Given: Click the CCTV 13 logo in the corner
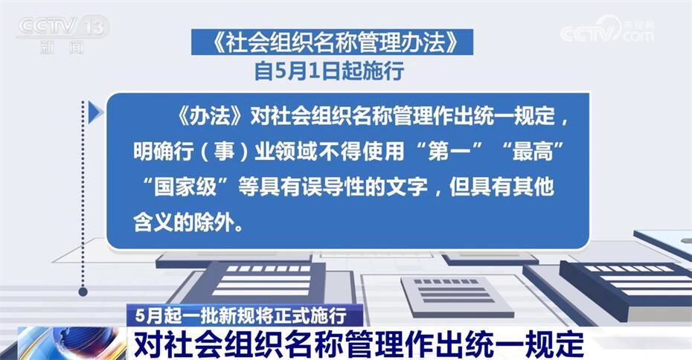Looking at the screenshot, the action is coord(63,35).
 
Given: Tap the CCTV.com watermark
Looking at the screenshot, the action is coord(607,30).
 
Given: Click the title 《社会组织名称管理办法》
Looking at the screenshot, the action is coord(332,42).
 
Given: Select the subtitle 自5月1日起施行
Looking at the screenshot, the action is coord(329,71).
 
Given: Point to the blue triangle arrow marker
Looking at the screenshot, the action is coord(95,113).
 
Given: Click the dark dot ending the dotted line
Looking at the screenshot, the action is coord(83,291).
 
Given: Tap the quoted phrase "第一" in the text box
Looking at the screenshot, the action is coord(449,151).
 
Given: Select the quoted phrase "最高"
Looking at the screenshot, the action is coord(533,151).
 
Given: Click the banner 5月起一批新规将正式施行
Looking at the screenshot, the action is coord(241,315).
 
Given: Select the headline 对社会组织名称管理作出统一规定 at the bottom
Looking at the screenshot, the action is coord(359,344).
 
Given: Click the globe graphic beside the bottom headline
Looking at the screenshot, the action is coord(71,343).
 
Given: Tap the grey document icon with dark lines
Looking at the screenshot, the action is coord(457,296).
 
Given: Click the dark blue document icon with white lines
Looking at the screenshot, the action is coord(261,280).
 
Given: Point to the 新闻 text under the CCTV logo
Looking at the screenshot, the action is coord(61,48).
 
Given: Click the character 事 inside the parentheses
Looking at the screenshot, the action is coord(224,151).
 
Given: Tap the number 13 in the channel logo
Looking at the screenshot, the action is coord(94,27).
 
